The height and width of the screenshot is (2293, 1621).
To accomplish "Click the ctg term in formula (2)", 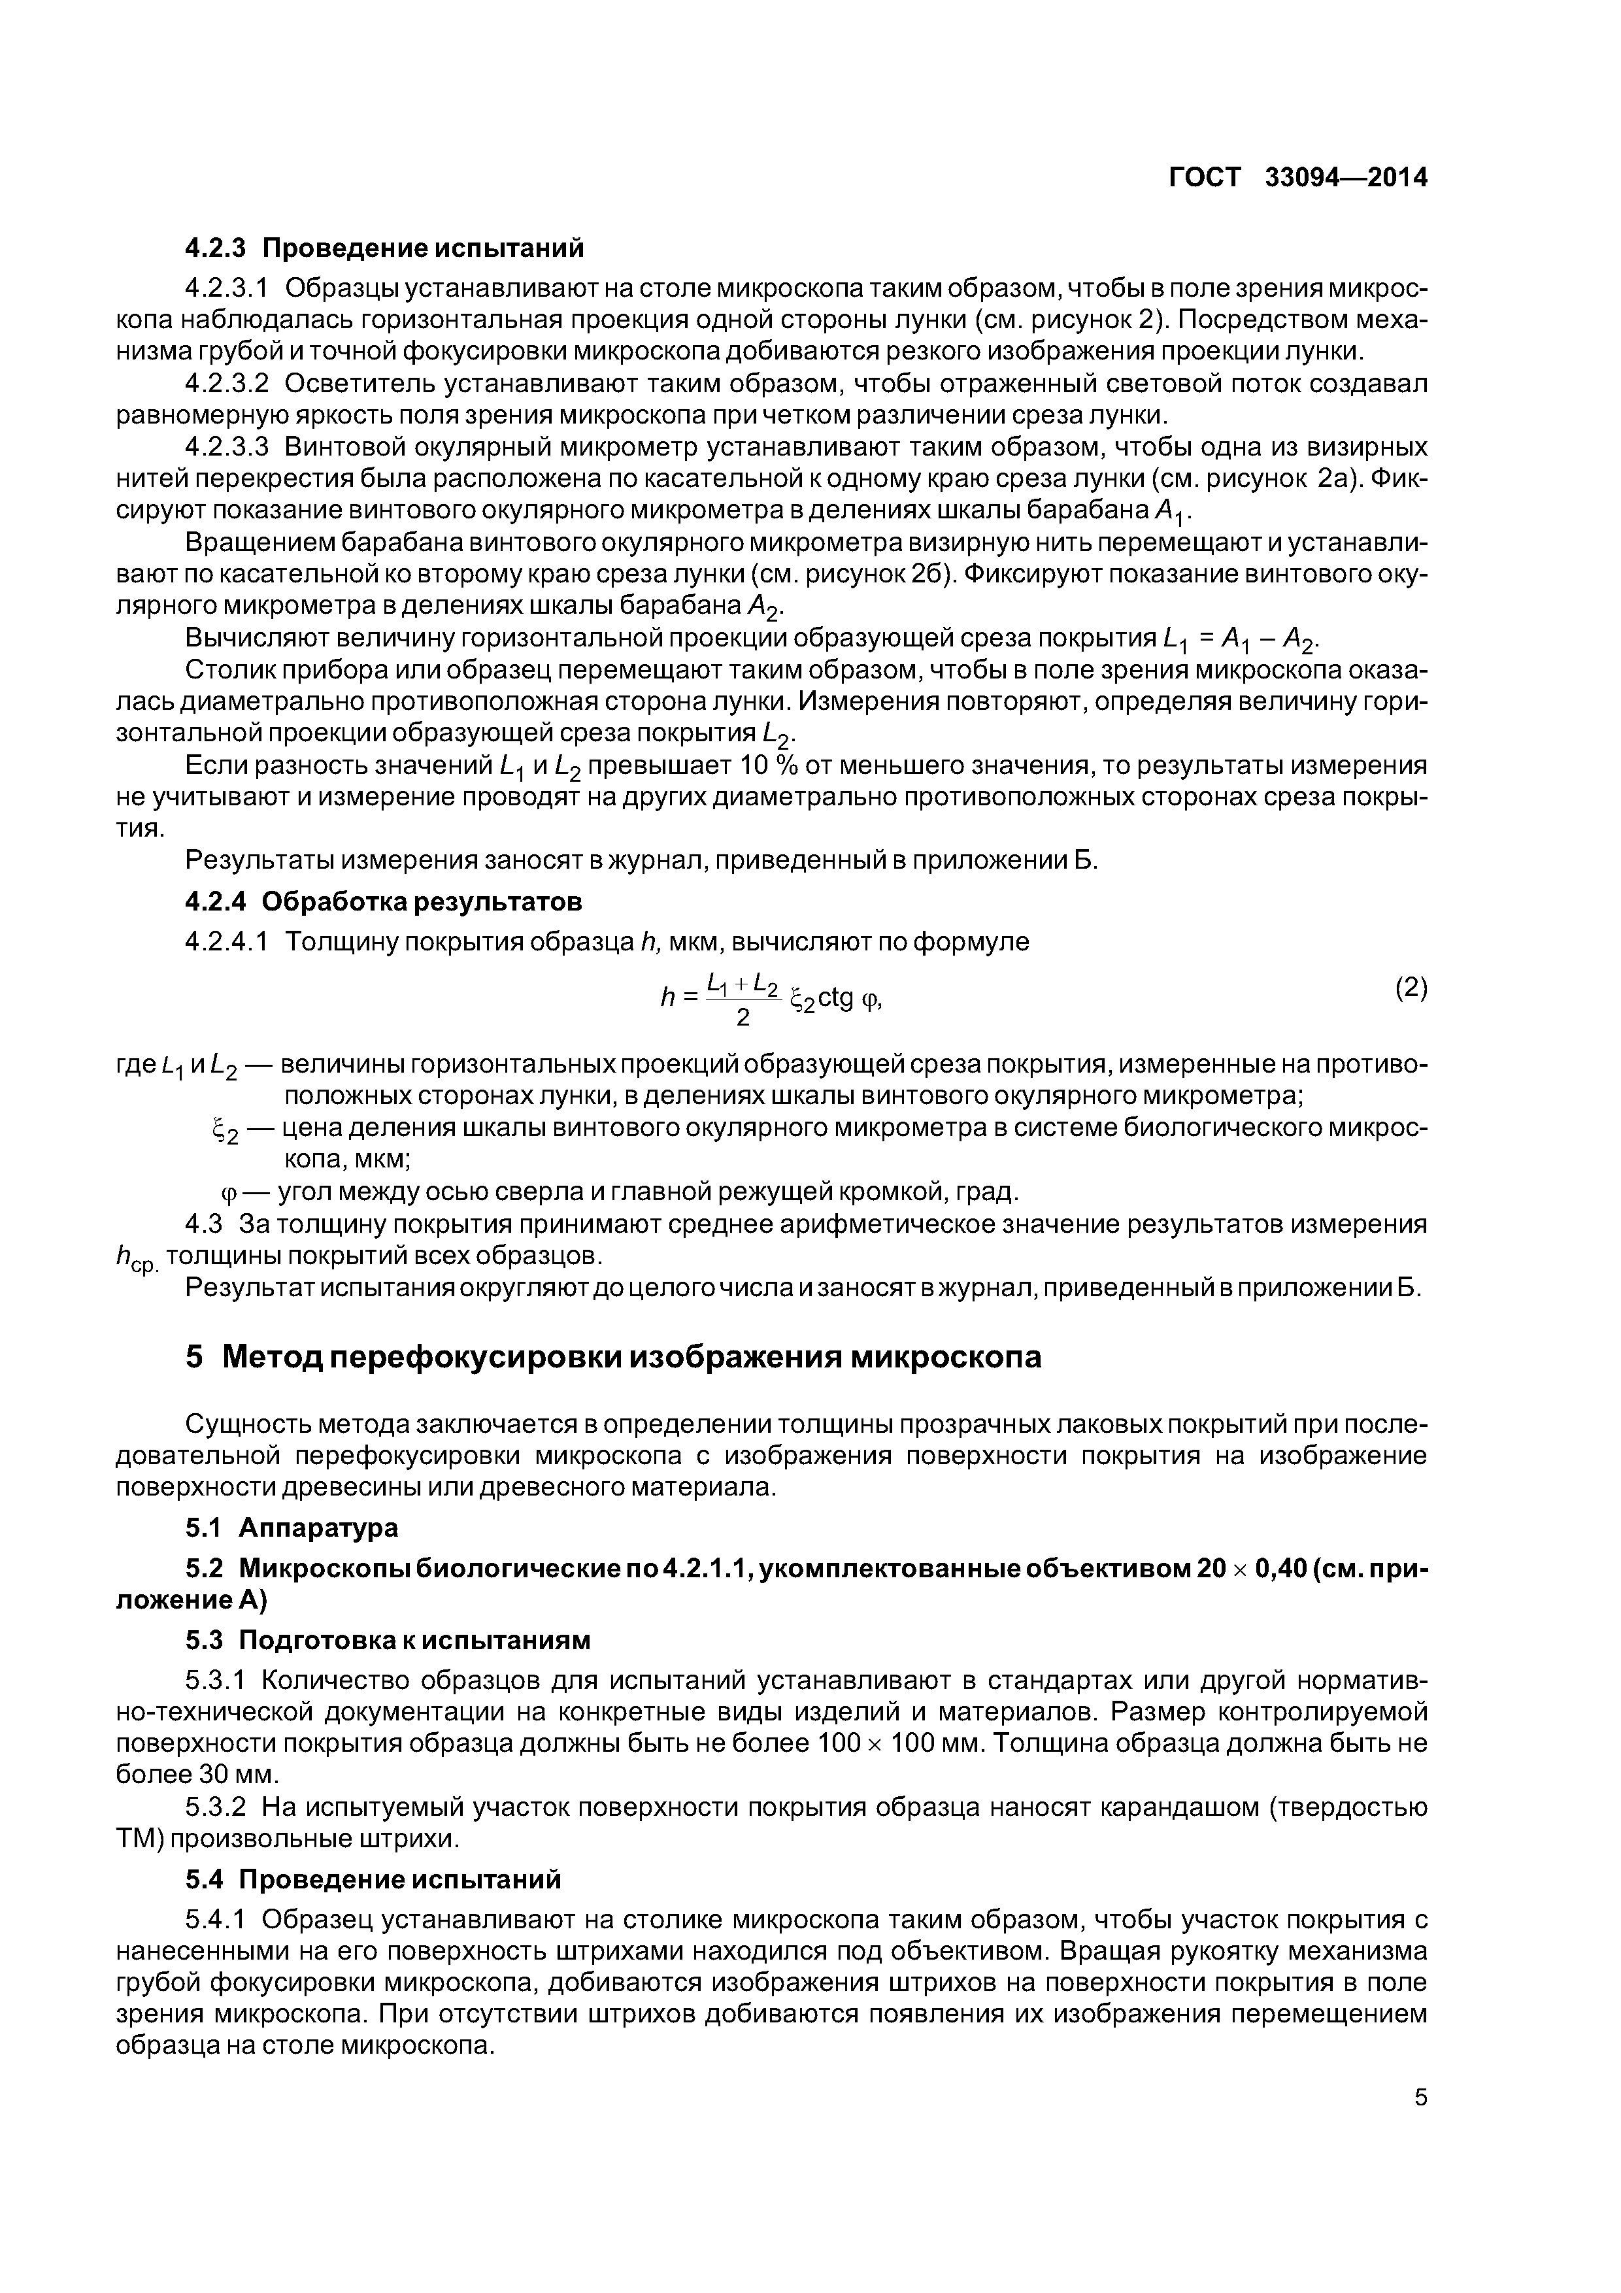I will click(x=835, y=999).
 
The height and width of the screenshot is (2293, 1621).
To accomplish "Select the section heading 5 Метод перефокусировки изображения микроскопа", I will click(x=613, y=1356).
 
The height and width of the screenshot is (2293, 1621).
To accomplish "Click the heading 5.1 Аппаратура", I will click(x=292, y=1528).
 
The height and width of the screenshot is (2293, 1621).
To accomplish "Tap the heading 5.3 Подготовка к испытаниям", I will click(x=388, y=1641).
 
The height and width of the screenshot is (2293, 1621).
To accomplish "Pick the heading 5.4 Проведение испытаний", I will click(x=373, y=1881).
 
